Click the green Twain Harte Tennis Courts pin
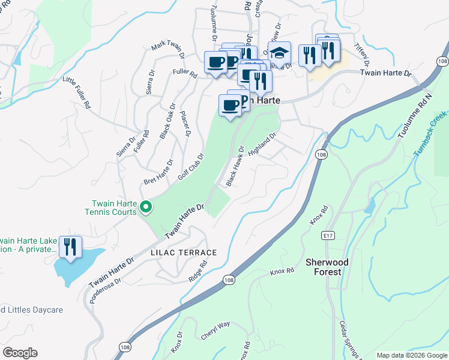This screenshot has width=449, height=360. [x=145, y=208]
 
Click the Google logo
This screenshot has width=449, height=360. [x=20, y=352]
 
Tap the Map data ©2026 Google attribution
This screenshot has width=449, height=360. [x=411, y=355]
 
